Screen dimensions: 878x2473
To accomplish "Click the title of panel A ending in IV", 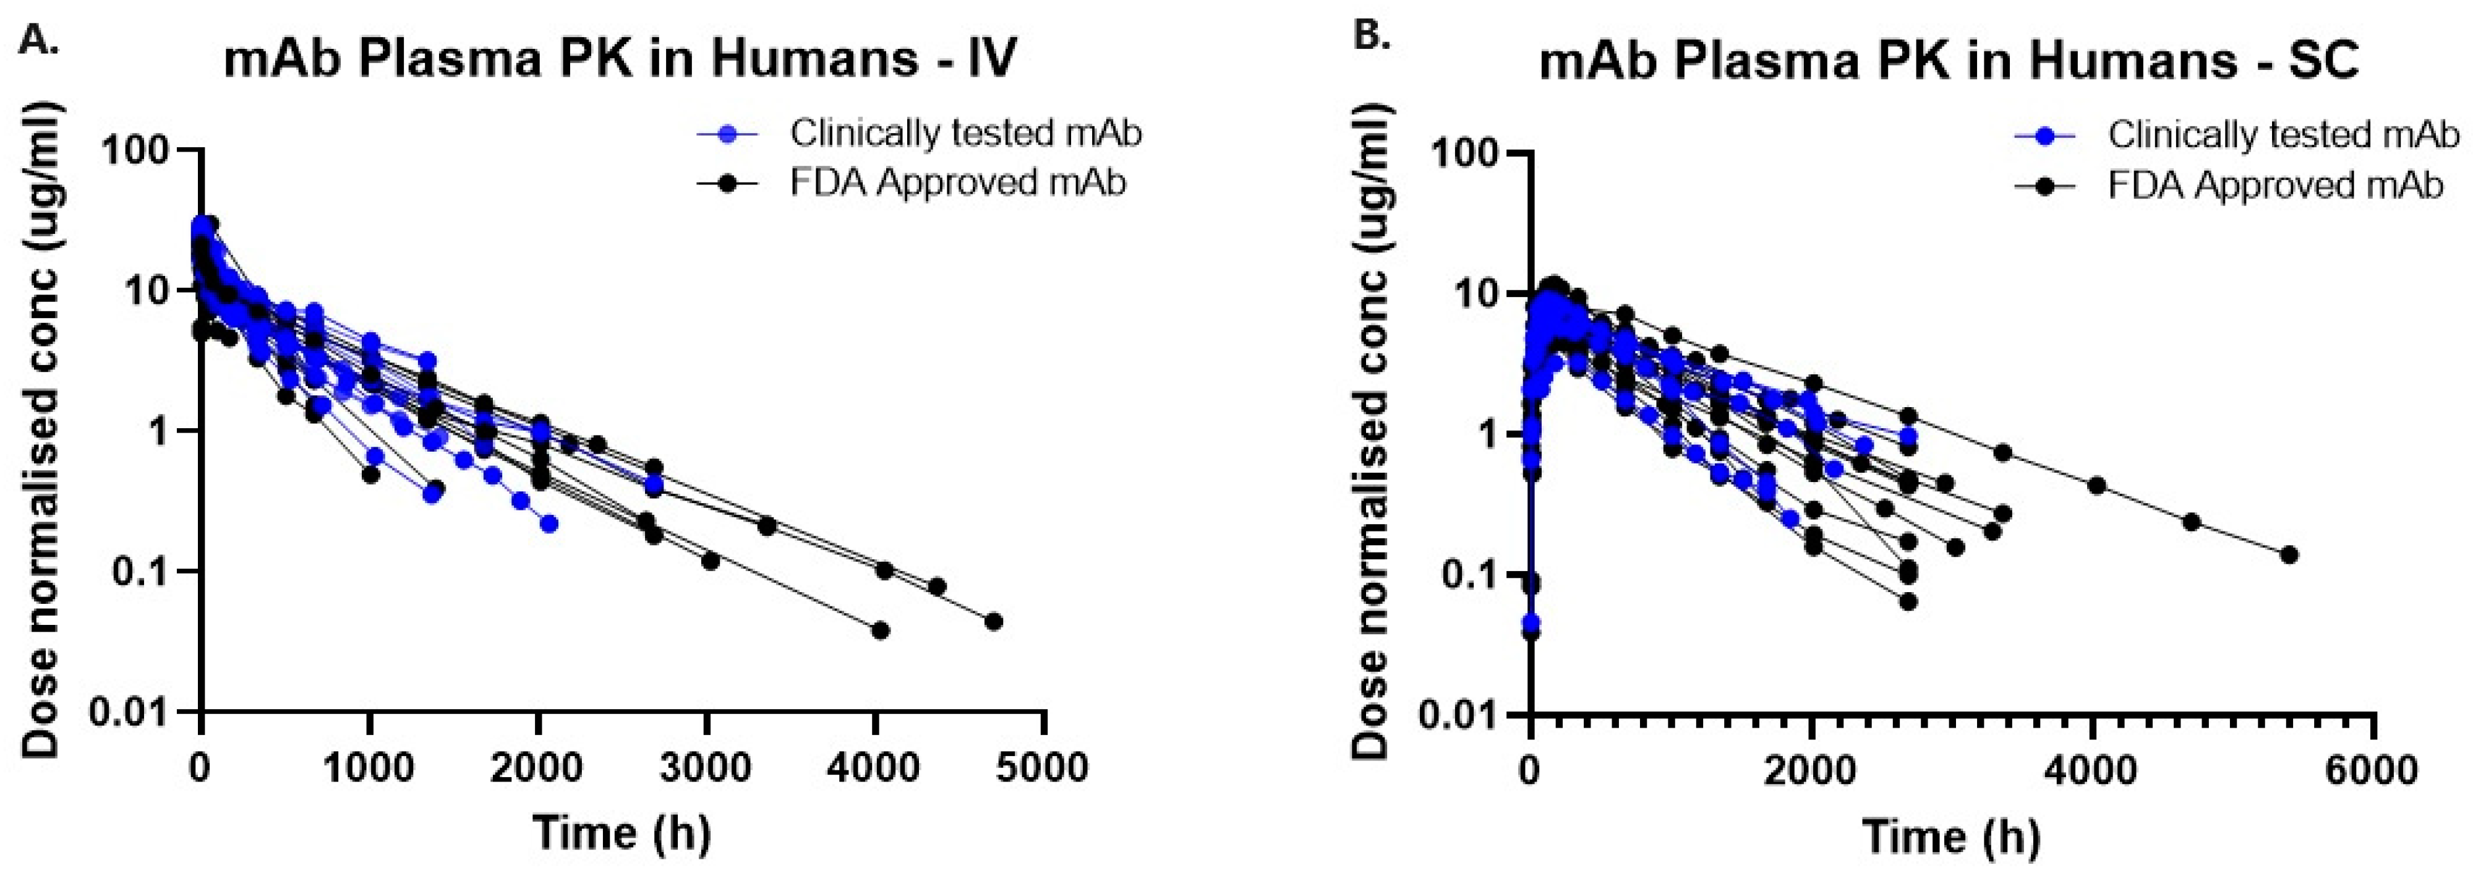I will pos(620,59).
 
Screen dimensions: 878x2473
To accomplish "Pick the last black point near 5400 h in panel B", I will pos(2289,554).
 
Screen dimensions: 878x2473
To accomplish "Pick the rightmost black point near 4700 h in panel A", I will pos(994,621).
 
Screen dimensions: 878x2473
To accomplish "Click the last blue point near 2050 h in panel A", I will pos(549,523).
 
